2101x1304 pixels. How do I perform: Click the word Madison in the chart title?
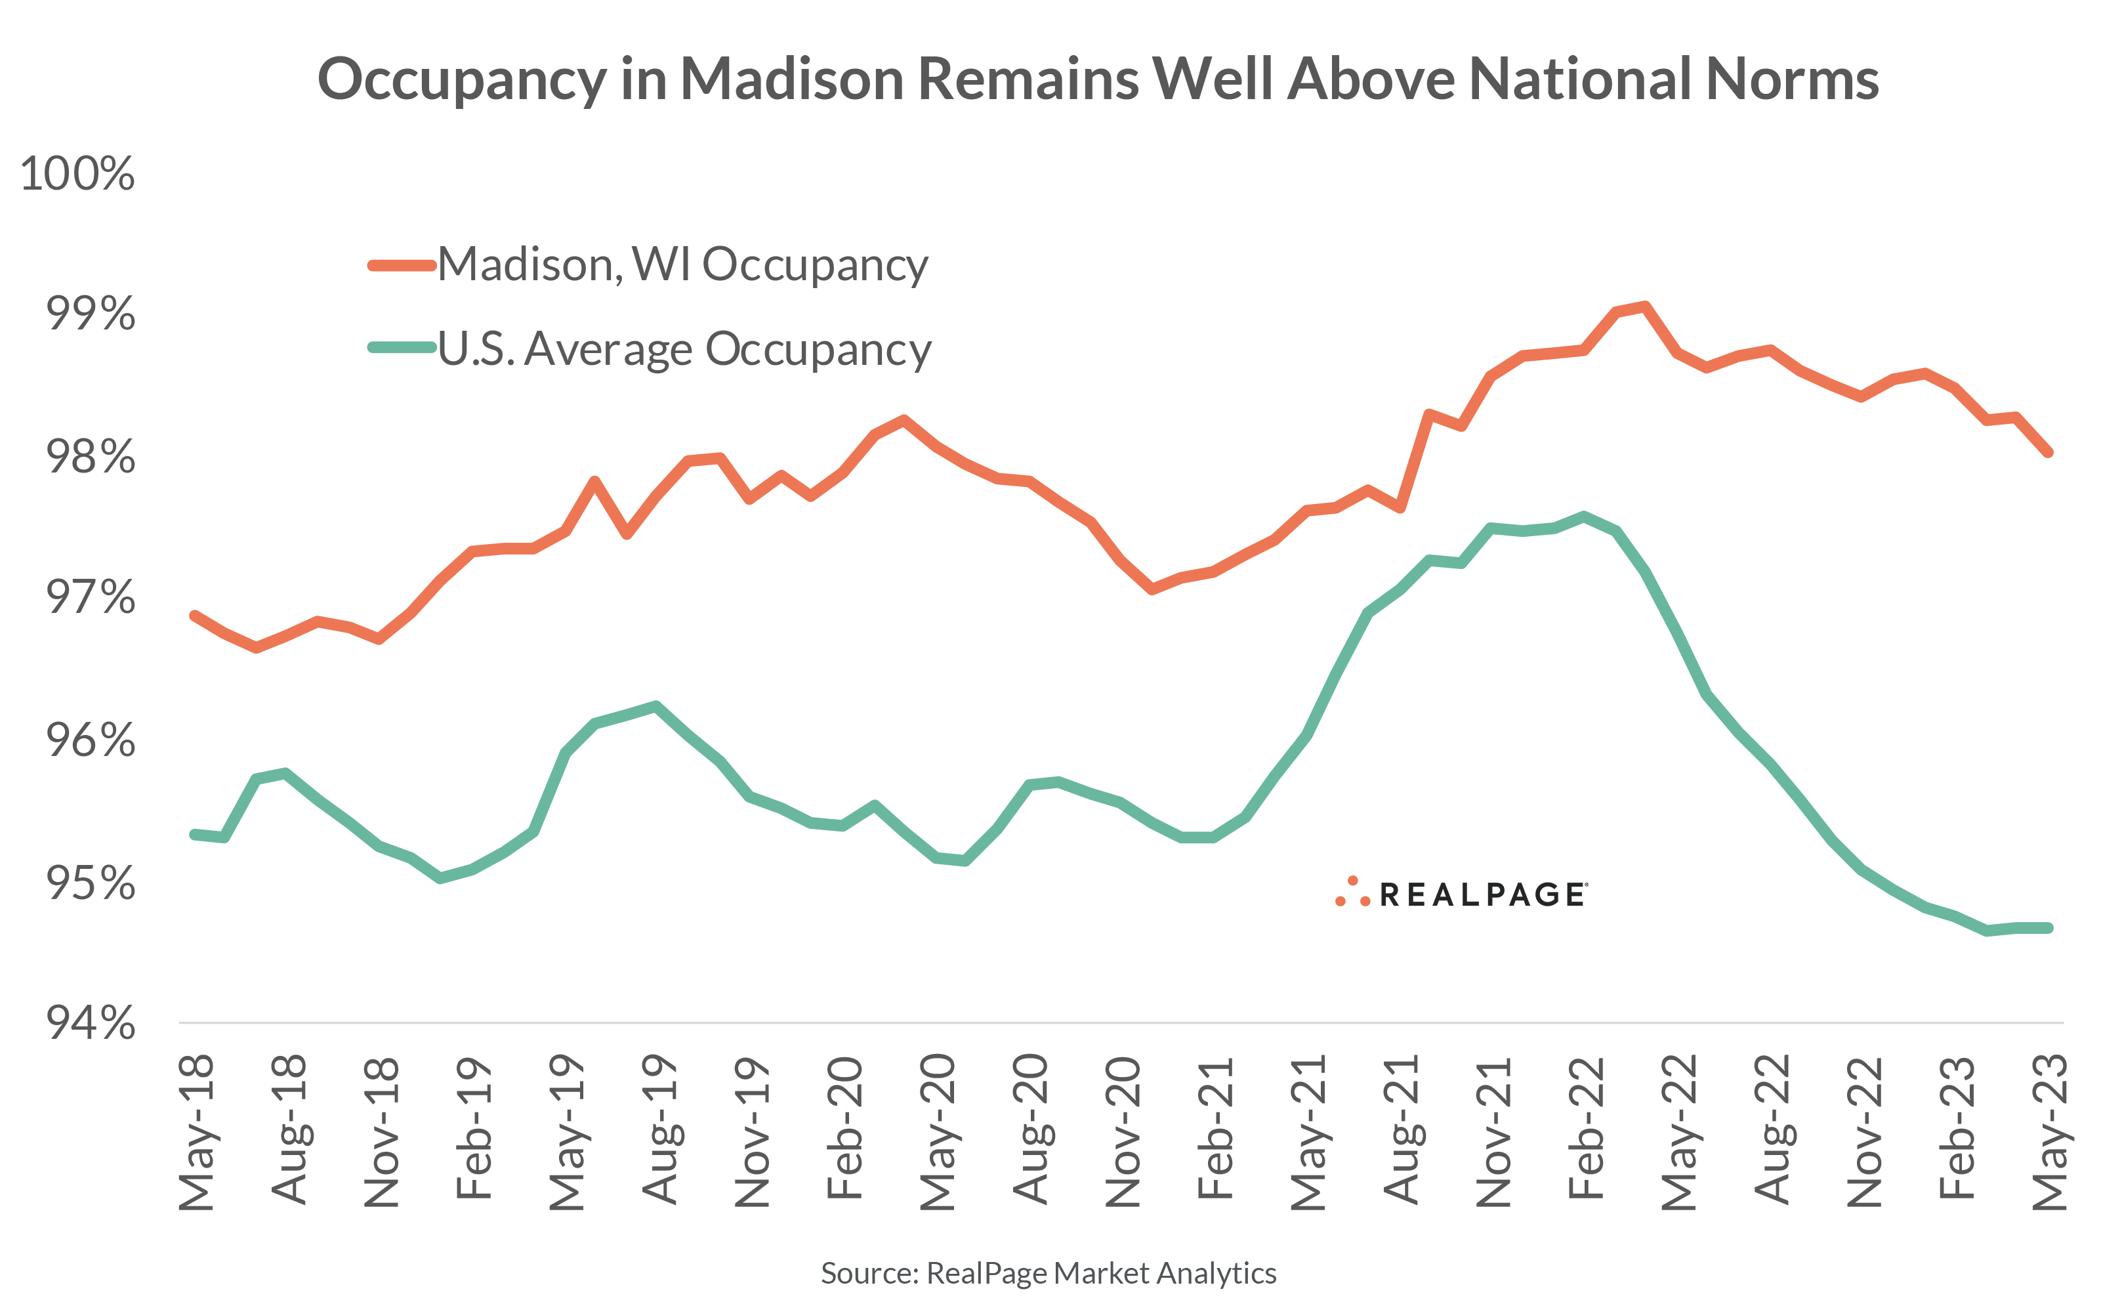coord(791,79)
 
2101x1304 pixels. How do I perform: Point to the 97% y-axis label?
coord(91,597)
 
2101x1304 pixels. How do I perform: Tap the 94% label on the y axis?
coord(91,1023)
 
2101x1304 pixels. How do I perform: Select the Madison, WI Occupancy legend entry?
coord(682,264)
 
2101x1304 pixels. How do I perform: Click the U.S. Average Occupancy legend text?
coord(684,348)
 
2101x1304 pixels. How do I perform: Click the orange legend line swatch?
coord(402,264)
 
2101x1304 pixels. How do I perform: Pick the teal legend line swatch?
coord(402,348)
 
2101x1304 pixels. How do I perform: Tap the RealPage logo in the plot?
coord(1461,893)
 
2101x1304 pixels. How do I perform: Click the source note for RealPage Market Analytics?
coord(1049,1273)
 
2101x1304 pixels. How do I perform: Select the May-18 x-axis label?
coord(197,1131)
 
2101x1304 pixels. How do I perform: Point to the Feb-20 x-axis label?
coord(845,1128)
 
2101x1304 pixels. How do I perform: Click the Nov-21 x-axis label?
coord(1494,1131)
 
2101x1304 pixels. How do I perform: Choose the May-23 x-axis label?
coord(2050,1131)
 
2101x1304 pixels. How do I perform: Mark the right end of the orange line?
coord(2049,451)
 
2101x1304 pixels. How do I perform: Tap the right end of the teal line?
coord(2049,928)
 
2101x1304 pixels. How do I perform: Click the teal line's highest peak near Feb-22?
coord(1584,516)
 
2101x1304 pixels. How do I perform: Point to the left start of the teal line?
coord(195,834)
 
